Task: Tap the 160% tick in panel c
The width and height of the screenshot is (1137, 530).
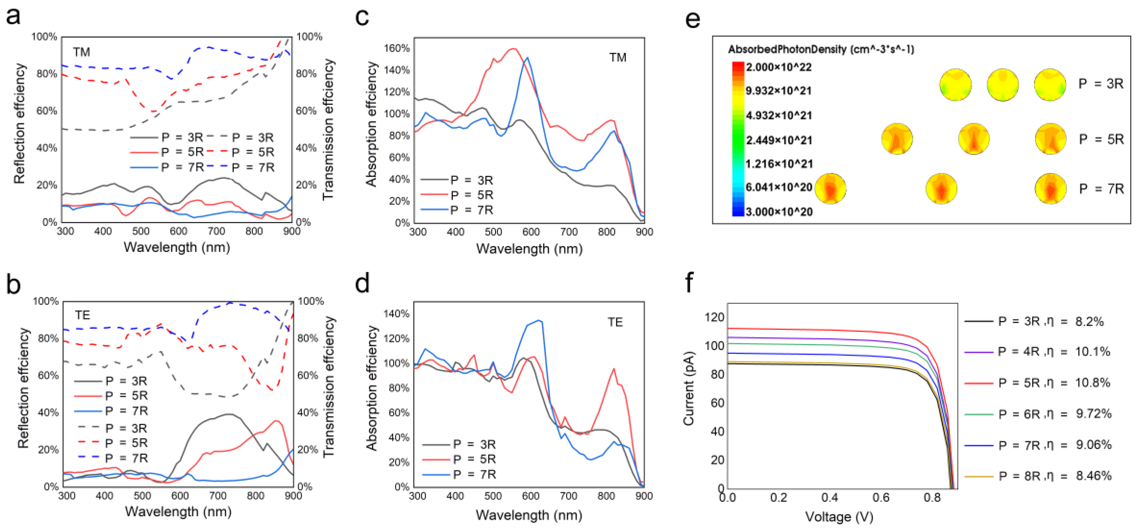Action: pyautogui.click(x=397, y=48)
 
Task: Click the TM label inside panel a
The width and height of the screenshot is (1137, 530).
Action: pyautogui.click(x=82, y=52)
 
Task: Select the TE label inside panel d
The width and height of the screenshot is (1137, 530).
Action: pyautogui.click(x=615, y=322)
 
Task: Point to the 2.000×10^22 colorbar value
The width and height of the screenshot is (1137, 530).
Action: pyautogui.click(x=779, y=68)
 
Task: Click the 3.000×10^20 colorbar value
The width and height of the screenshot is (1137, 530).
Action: pyautogui.click(x=779, y=212)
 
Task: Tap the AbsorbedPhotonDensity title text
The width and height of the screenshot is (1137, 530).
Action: pyautogui.click(x=821, y=49)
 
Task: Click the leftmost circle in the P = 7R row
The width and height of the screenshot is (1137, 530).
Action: pyautogui.click(x=830, y=189)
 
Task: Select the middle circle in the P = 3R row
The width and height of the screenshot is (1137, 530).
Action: pyautogui.click(x=1003, y=84)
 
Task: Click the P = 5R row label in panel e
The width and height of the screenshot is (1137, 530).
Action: pyautogui.click(x=1101, y=140)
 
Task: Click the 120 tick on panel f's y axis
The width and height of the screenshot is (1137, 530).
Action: pyautogui.click(x=714, y=317)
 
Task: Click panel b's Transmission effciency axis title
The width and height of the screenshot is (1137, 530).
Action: pyautogui.click(x=329, y=387)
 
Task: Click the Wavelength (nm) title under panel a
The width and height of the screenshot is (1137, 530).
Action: pyautogui.click(x=176, y=247)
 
